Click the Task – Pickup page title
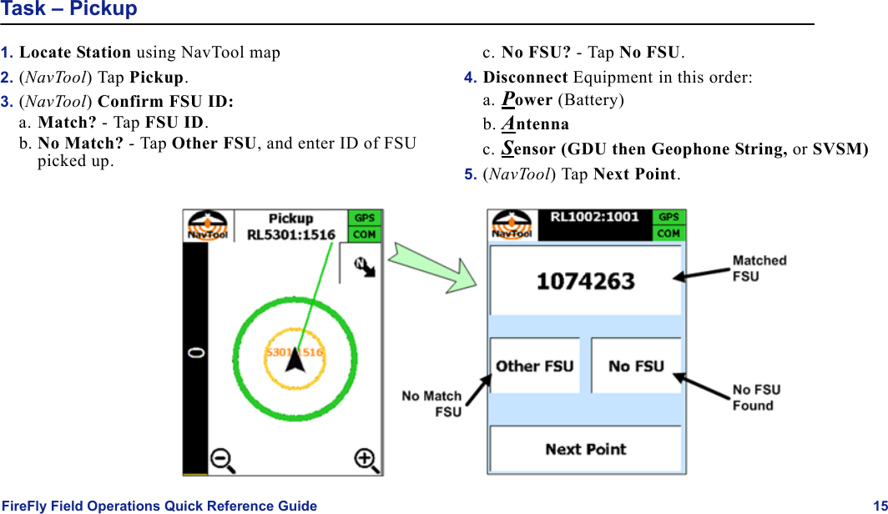(69, 10)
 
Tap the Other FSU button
(534, 365)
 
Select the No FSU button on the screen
(636, 365)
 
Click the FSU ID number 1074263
(585, 281)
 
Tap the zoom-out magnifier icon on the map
(222, 459)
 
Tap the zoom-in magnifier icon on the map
(365, 459)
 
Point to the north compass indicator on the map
(362, 266)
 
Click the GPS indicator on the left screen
(365, 218)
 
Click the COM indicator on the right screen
(669, 234)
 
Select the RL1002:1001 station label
(594, 217)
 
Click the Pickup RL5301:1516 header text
(290, 226)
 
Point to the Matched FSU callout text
(759, 268)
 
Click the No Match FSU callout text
(431, 404)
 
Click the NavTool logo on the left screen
(207, 225)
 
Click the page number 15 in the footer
(880, 506)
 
